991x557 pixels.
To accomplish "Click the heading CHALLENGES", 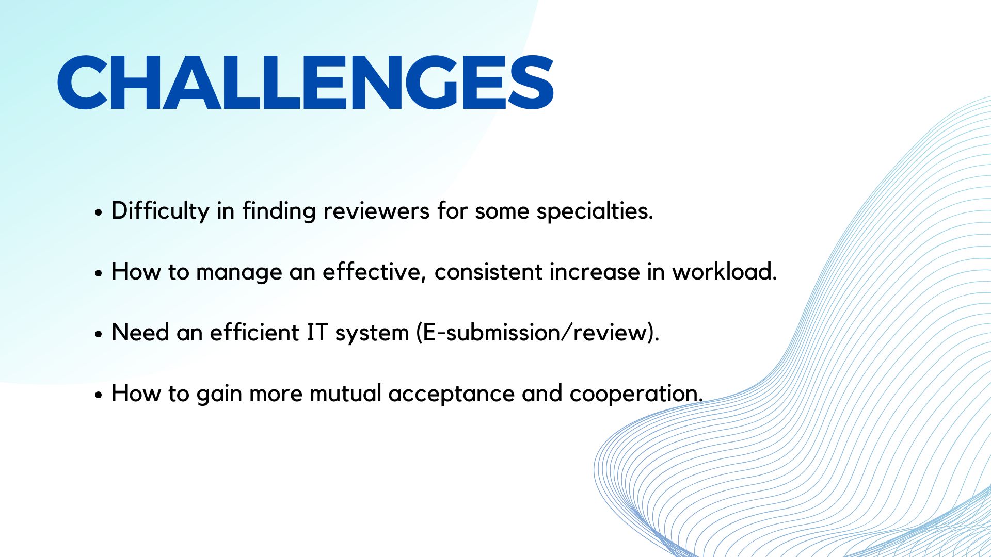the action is pos(306,83).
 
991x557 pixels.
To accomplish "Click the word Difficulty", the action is pos(160,211).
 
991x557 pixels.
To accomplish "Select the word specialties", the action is pos(595,211).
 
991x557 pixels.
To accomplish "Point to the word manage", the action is pos(239,272).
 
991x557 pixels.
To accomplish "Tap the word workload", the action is pos(724,271).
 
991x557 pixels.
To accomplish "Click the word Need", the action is pos(140,333).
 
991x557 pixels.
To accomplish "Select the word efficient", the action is pos(254,333).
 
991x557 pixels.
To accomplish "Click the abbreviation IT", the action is pos(317,333).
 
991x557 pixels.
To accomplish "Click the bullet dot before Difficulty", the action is pos(99,212).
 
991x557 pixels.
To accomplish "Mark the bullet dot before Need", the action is pos(99,334).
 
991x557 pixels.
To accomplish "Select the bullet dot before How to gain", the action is pos(99,395).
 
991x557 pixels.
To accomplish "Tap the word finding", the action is pos(279,211).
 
